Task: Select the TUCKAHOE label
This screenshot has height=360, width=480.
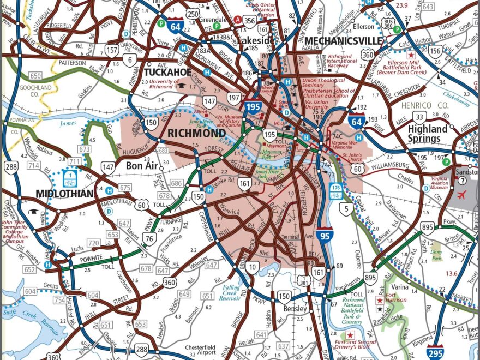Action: [167, 72]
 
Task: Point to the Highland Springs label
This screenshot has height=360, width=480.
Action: [428, 134]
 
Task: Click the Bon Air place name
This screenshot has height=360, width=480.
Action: [141, 165]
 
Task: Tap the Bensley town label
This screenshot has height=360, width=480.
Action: [296, 309]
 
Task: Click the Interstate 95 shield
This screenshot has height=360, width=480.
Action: [325, 235]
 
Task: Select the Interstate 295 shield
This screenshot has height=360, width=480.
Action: [435, 352]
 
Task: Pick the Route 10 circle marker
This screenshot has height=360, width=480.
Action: [252, 267]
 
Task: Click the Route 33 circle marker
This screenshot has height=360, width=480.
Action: [419, 117]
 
